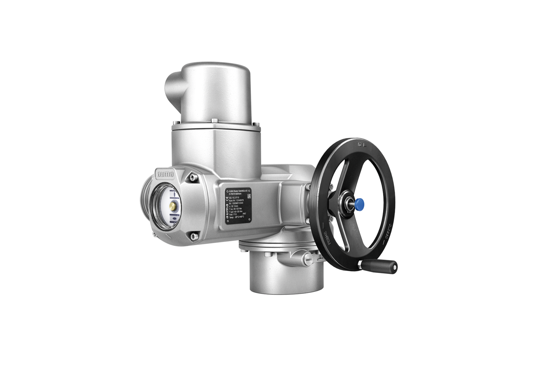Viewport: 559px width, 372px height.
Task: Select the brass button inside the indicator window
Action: point(172,205)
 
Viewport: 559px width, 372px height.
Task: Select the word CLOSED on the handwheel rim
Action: point(387,233)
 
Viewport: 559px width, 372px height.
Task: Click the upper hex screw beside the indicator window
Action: point(191,178)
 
